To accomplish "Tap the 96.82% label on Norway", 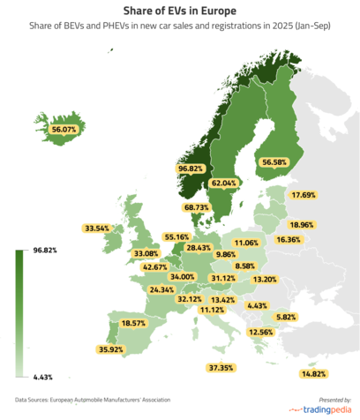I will (191, 168).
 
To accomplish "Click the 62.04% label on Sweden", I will (224, 184).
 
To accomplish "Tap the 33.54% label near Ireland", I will (97, 228).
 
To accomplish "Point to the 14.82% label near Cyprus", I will (314, 374).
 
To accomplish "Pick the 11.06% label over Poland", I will (246, 243).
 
